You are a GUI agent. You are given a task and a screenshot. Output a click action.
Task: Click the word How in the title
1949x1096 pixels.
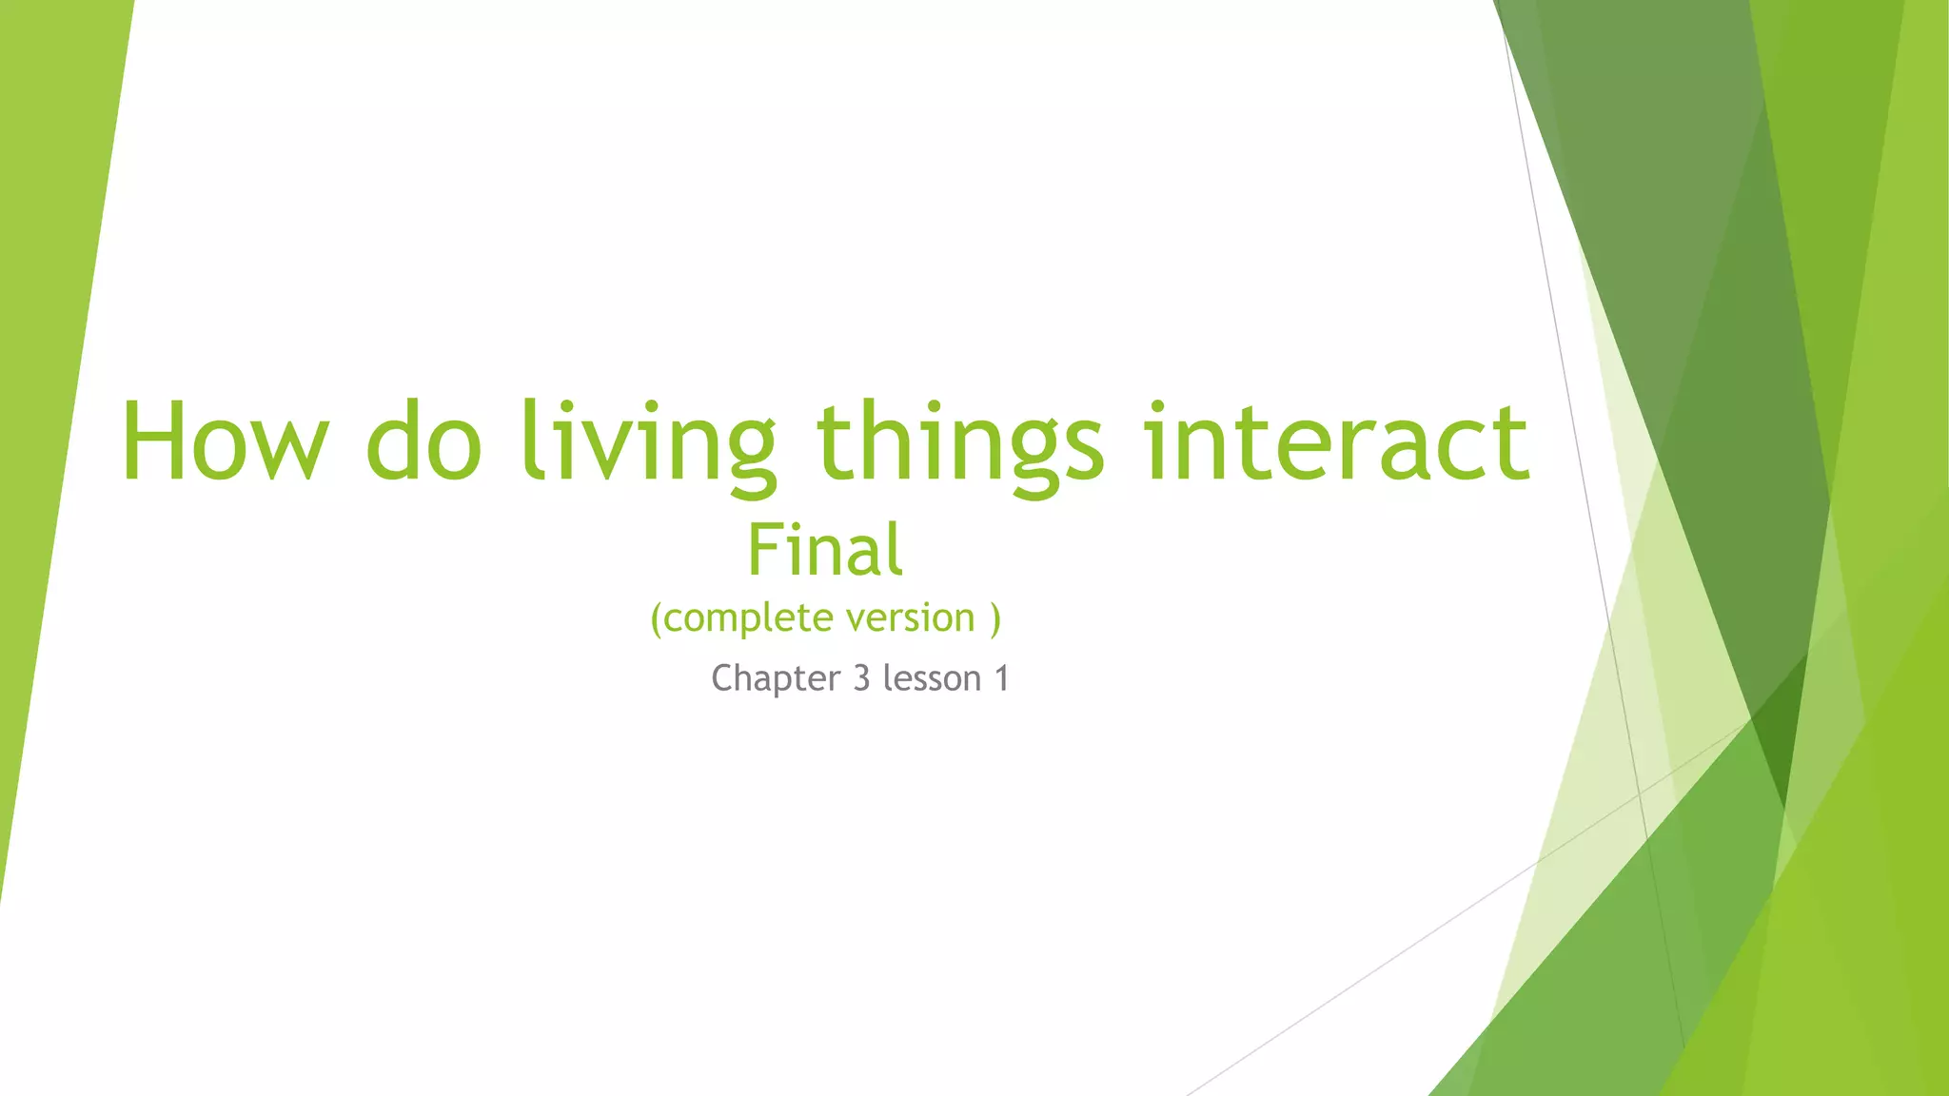click(x=225, y=441)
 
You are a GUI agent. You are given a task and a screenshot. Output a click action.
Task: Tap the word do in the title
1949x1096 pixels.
click(x=424, y=441)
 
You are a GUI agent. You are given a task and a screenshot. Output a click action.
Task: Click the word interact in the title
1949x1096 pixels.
click(x=1336, y=441)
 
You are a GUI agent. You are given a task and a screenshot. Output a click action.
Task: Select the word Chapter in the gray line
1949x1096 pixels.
click(x=776, y=679)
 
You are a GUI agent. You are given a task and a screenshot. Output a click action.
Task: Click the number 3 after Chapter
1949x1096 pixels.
click(x=861, y=678)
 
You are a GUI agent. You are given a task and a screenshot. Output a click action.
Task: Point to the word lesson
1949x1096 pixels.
click(x=932, y=678)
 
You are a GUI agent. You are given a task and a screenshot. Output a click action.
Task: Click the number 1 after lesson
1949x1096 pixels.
click(x=1001, y=678)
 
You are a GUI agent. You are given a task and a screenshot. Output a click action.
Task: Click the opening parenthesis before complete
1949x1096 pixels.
click(x=656, y=618)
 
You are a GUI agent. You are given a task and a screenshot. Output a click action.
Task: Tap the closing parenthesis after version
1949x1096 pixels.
click(x=995, y=618)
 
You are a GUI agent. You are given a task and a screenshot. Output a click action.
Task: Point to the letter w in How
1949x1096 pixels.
click(x=285, y=451)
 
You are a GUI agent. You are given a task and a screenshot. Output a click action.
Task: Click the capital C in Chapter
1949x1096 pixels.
click(x=723, y=678)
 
